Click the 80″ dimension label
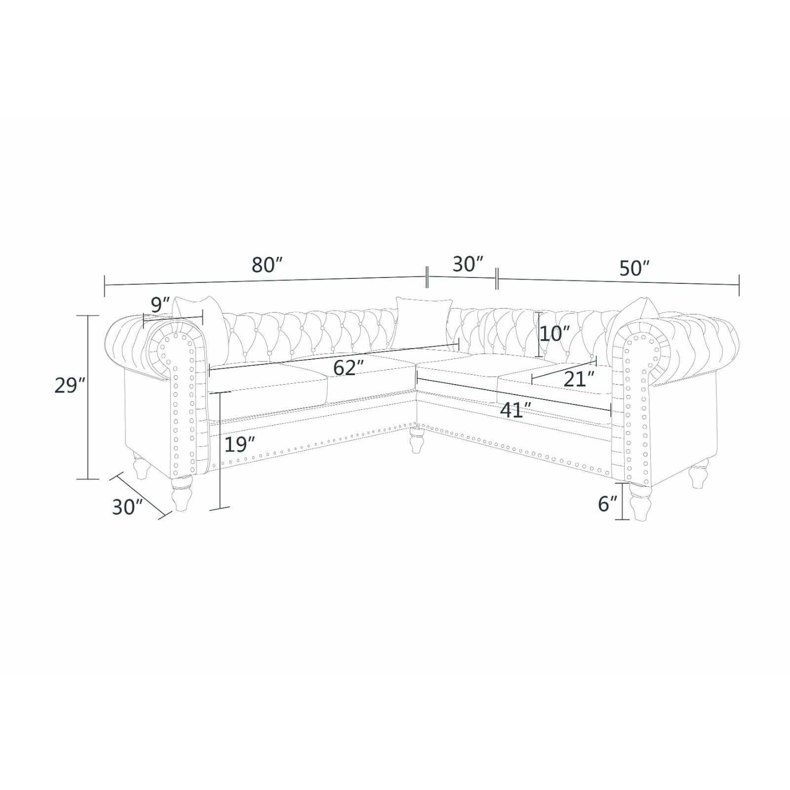(267, 265)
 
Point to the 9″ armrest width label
(160, 305)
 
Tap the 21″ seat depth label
(579, 379)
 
